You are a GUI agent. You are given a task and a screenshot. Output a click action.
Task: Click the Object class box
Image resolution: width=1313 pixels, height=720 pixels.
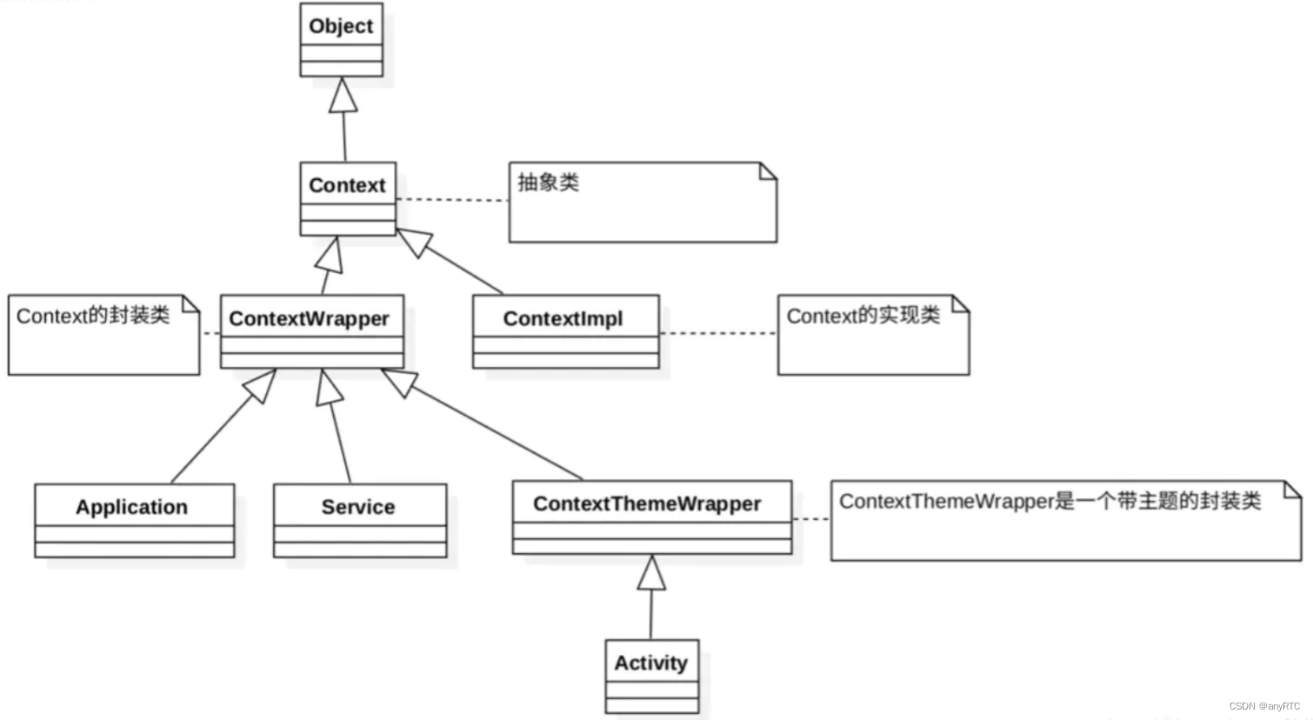point(341,40)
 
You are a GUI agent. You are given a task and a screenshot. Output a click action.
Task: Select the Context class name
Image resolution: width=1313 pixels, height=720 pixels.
point(347,185)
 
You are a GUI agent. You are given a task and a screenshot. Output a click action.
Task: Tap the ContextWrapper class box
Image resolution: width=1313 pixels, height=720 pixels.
point(311,331)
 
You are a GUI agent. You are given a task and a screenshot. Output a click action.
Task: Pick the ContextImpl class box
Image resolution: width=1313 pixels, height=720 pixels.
point(565,331)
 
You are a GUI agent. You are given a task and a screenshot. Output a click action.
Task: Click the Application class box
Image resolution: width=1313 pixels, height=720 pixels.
point(134,520)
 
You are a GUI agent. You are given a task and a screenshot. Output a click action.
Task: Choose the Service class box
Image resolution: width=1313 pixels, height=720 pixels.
point(359,520)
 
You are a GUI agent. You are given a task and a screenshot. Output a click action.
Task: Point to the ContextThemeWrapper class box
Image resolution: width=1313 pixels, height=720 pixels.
point(651,517)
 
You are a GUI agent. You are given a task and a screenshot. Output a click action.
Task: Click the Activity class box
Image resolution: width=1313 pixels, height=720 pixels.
point(651,677)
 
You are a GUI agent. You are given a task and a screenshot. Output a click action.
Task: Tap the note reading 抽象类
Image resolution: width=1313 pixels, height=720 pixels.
point(642,202)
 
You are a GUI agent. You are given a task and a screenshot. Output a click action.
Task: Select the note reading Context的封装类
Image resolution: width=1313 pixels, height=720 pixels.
point(103,335)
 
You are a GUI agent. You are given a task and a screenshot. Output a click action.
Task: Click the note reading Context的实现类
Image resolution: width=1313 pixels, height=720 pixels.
point(872,335)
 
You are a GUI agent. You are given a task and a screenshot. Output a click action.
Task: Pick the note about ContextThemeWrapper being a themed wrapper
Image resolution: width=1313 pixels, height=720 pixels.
point(1065,520)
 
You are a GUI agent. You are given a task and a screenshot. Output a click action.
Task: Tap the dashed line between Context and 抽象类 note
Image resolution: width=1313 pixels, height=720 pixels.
point(452,200)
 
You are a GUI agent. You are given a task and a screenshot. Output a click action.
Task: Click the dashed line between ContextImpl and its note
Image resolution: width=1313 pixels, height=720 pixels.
point(718,333)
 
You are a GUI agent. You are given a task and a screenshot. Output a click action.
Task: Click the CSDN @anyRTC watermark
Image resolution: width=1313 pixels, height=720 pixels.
point(1264,706)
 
